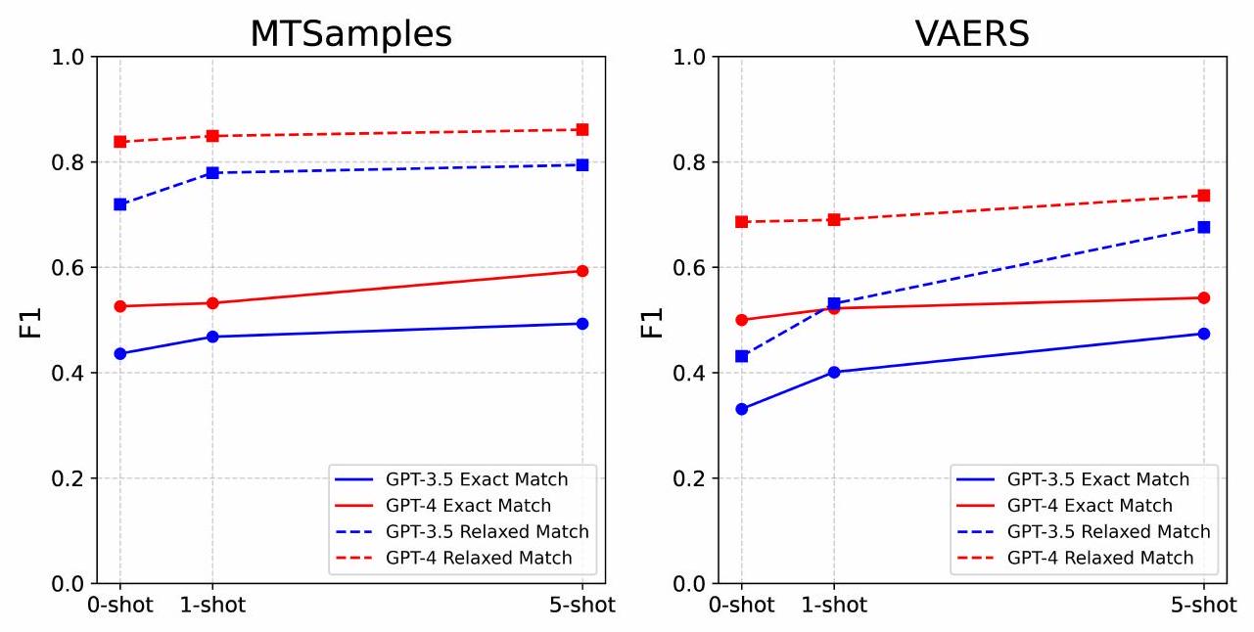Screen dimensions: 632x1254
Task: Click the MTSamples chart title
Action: pos(350,34)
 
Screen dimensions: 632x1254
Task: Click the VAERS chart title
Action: pos(972,34)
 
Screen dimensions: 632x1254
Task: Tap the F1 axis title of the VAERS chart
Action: pos(653,322)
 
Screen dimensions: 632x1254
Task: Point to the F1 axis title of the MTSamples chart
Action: pos(31,322)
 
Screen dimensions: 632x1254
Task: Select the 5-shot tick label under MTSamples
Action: pos(581,606)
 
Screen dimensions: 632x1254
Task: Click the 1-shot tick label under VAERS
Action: pos(833,606)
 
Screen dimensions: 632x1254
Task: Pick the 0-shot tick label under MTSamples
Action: pos(119,606)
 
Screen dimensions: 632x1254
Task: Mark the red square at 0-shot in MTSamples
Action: pos(119,142)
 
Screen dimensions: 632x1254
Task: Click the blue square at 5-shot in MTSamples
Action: pos(581,164)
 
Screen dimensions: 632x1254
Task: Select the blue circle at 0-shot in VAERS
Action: pos(741,409)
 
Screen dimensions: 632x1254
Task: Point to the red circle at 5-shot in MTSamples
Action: pos(581,271)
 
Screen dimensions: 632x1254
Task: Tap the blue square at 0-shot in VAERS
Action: pos(741,356)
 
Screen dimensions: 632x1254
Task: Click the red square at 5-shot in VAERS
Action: pos(1203,196)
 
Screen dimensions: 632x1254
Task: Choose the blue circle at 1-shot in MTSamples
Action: pos(211,337)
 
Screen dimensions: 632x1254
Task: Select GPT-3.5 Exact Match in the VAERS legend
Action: pos(1097,479)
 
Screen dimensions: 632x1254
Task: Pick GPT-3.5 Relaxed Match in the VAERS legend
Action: pos(1108,532)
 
